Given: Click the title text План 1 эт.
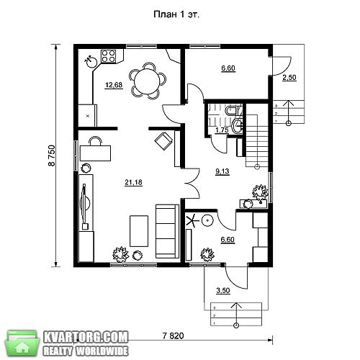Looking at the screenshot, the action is (x=176, y=14).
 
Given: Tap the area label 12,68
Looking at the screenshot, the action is (x=114, y=85).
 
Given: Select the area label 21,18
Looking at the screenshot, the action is (x=133, y=182).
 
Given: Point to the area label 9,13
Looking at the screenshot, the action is (x=222, y=171).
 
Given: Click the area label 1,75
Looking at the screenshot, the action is (x=222, y=130).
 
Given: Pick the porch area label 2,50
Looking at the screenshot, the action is (x=289, y=78).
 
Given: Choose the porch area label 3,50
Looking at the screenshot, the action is (x=223, y=290).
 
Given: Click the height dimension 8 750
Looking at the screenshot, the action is (x=52, y=156).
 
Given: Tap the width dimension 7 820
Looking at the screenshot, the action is (x=173, y=336).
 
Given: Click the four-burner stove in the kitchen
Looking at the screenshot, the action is (x=109, y=56).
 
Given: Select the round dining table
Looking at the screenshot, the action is (x=147, y=81).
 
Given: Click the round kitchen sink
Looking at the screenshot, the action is (x=91, y=62).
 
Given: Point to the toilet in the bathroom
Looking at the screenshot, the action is (x=231, y=110).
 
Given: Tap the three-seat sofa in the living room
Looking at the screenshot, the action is (x=167, y=231).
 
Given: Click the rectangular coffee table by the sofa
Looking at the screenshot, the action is (x=139, y=231).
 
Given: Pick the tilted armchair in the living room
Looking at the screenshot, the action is (x=163, y=141).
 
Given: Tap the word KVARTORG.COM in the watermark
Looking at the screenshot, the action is (x=86, y=338).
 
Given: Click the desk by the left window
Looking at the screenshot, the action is (x=95, y=153).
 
